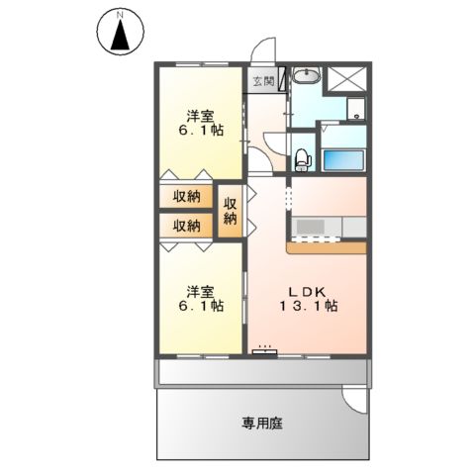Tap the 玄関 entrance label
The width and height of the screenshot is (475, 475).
coord(261,81)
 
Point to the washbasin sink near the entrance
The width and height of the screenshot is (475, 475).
coord(307,76)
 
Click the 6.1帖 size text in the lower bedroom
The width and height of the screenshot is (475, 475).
coord(200,306)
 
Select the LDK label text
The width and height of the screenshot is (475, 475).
coord(311,290)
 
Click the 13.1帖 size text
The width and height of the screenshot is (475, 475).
coord(311,307)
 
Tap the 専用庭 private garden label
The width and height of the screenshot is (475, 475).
coord(262,424)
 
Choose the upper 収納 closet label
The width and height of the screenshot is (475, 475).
coord(187,196)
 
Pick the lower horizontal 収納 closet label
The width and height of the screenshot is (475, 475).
coord(187,226)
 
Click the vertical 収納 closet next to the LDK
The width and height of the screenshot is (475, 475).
coord(231,211)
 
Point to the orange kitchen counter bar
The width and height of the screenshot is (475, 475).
coord(330,241)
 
